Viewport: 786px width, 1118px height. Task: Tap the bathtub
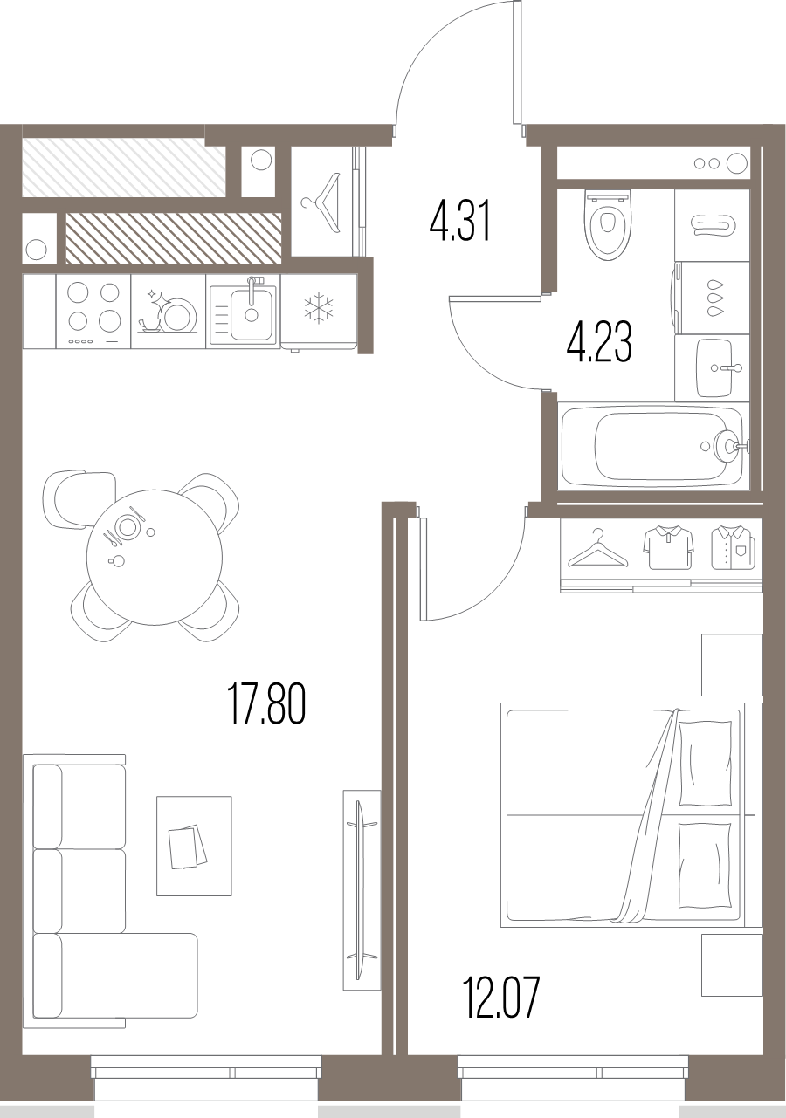tap(652, 446)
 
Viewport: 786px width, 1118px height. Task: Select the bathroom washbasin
tap(720, 367)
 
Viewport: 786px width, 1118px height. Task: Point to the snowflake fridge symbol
tap(318, 309)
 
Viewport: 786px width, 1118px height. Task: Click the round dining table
tap(154, 557)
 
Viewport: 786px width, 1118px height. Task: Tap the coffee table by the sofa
tap(194, 846)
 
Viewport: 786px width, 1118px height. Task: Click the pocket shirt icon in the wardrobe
tap(732, 547)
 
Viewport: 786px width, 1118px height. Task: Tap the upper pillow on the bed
tap(705, 764)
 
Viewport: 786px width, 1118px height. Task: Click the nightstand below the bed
tap(732, 964)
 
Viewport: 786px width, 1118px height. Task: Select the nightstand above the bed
tap(732, 665)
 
